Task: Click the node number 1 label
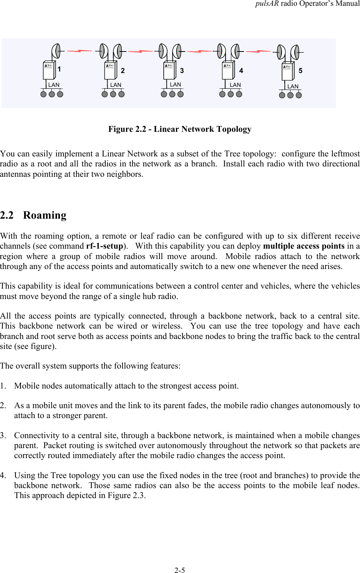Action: tap(60, 69)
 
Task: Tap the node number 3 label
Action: tap(182, 71)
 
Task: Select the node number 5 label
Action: tap(300, 71)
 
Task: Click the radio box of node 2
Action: tap(111, 71)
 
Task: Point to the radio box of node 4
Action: tap(228, 71)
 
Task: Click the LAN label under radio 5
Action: tap(293, 86)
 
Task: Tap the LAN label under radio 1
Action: tap(54, 85)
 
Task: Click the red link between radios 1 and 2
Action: tap(80, 51)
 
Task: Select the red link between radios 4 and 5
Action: tap(258, 51)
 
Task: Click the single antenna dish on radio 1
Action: tap(56, 51)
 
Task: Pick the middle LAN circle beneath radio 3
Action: tap(172, 94)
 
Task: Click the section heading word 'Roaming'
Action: tap(45, 215)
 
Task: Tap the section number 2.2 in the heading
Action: tap(7, 215)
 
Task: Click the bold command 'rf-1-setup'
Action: tap(105, 246)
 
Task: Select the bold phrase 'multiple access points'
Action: tap(304, 246)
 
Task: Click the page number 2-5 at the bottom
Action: tap(179, 570)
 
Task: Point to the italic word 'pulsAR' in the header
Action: tap(267, 4)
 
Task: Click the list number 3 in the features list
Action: tap(3, 435)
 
